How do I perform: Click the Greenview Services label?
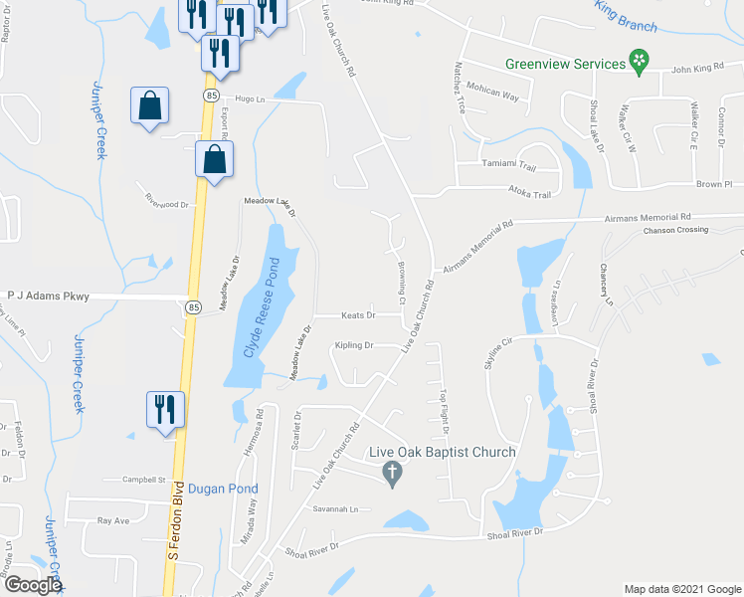coord(564,64)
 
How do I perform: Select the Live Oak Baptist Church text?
coord(442,453)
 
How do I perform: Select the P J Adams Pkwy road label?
coord(49,296)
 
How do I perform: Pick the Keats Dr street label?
coord(358,315)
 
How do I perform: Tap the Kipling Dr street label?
coord(354,345)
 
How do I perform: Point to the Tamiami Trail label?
coord(508,164)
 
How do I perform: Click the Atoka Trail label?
coord(528,195)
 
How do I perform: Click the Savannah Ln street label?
coord(334,509)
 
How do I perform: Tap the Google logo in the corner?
coord(32,585)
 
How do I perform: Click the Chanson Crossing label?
coord(675,230)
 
